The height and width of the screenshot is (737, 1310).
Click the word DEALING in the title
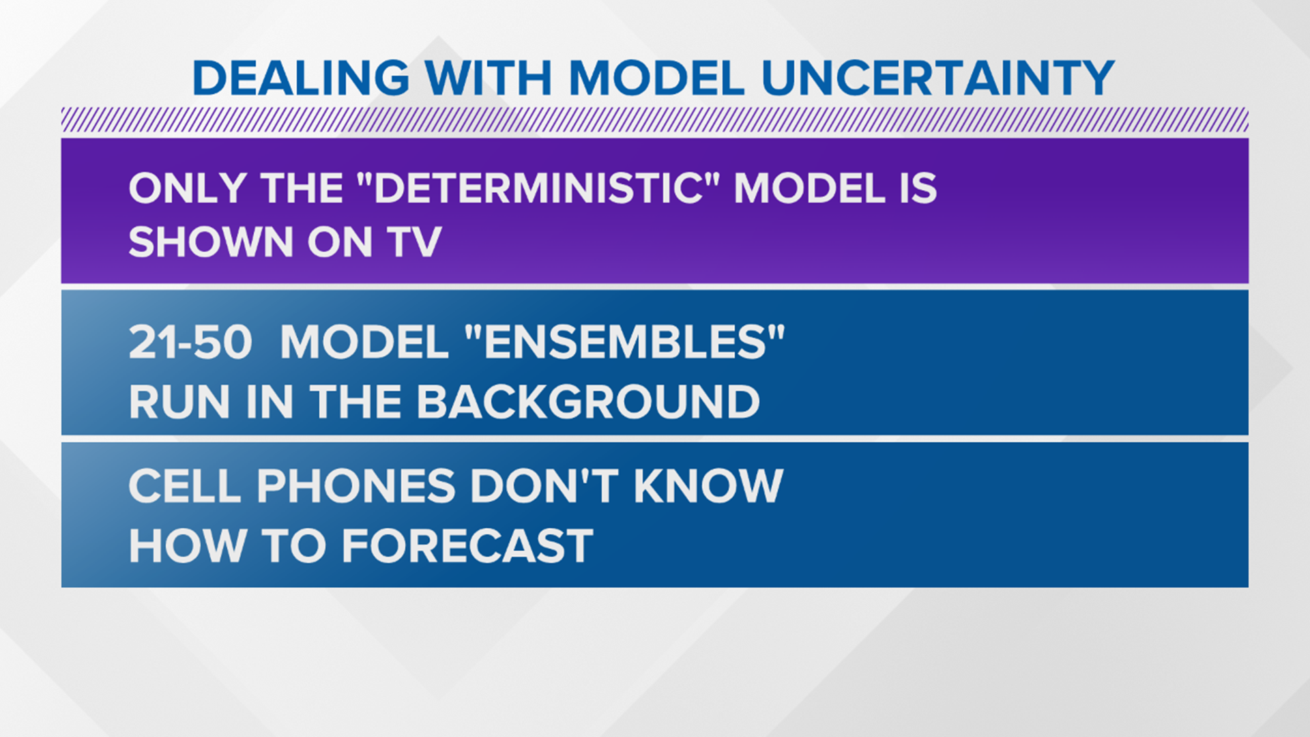point(301,78)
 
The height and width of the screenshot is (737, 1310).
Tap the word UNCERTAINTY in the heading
point(937,78)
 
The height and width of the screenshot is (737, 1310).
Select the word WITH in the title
point(489,78)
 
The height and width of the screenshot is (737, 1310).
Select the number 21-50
point(190,342)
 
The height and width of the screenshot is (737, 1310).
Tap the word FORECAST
point(467,546)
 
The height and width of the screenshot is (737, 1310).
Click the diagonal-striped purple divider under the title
point(655,119)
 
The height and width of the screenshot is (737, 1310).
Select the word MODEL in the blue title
point(656,78)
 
